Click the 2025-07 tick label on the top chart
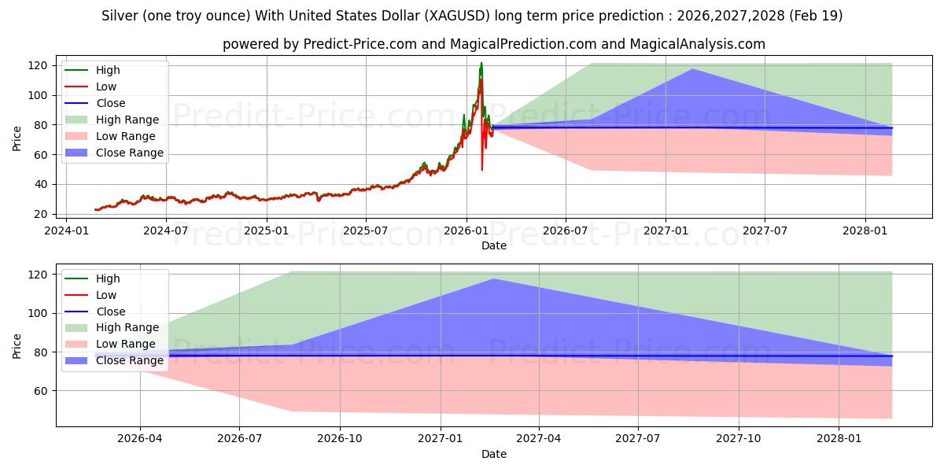[366, 230]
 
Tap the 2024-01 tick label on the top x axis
[66, 230]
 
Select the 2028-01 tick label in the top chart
[865, 230]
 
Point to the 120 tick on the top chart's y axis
[42, 65]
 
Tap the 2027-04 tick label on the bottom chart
[540, 439]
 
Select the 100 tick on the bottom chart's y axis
[42, 313]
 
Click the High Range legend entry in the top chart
[127, 120]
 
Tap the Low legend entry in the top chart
[106, 87]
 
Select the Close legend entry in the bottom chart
[110, 312]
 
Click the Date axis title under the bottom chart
[494, 454]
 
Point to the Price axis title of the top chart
[17, 139]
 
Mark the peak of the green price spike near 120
[481, 63]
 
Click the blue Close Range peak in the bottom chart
[494, 278]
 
